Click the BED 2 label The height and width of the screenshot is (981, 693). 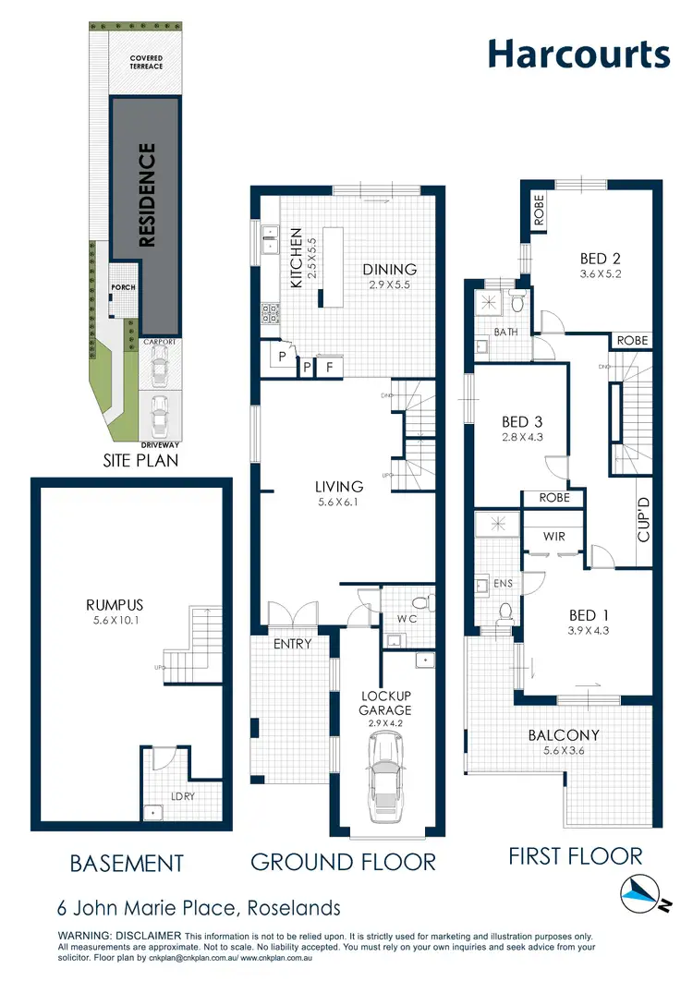[593, 259]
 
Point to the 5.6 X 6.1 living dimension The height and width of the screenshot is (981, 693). [338, 503]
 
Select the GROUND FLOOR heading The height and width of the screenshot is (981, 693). [343, 862]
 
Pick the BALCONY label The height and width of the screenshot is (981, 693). [564, 735]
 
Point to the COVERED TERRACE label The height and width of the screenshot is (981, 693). [146, 62]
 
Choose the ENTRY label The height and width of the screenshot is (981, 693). [293, 643]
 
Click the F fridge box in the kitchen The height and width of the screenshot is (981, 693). [331, 367]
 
